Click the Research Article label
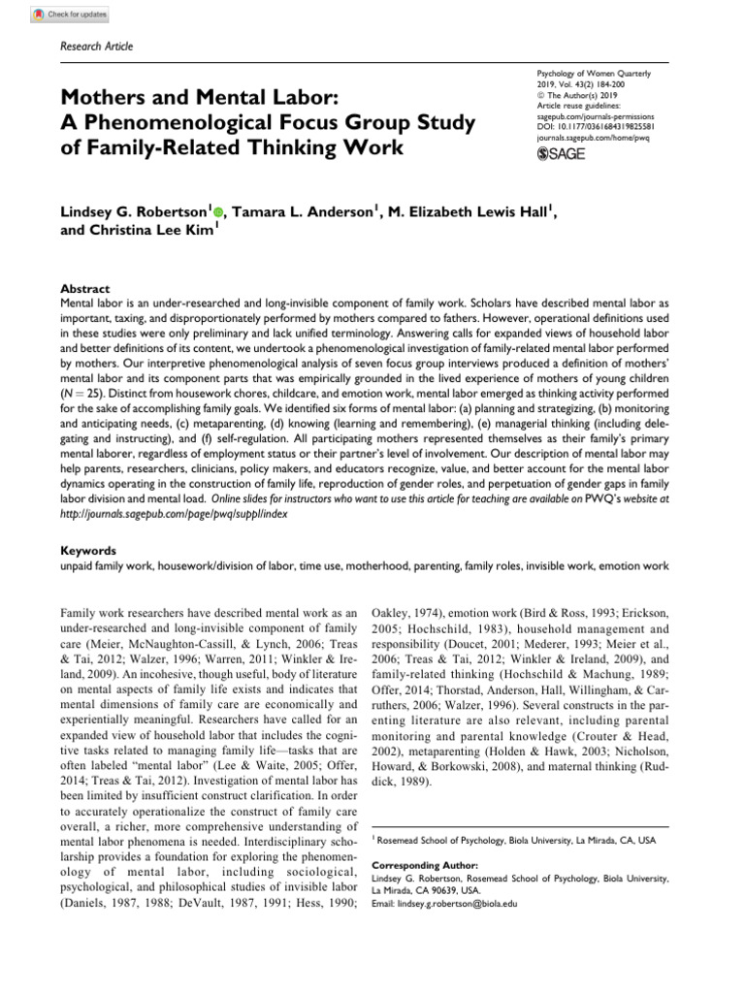pyautogui.click(x=96, y=47)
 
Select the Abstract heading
pyautogui.click(x=83, y=289)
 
